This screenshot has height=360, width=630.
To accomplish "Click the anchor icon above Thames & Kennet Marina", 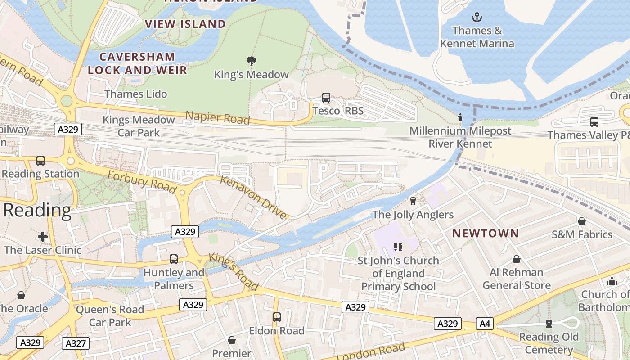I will (x=477, y=18).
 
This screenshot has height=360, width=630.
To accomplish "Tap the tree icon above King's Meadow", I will (x=251, y=61).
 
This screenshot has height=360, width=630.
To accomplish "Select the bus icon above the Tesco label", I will (x=326, y=98).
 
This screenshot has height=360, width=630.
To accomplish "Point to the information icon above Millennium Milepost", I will (x=460, y=118).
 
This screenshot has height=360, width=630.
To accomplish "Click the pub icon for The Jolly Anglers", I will (x=413, y=201).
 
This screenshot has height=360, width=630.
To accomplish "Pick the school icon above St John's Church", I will (x=398, y=247).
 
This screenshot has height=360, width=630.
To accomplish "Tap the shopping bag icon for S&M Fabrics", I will (x=581, y=221).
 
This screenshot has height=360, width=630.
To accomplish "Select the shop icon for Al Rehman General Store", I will (x=517, y=260).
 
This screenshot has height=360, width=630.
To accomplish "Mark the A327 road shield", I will (x=76, y=343).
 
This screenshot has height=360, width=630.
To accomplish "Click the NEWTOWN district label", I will (x=486, y=233).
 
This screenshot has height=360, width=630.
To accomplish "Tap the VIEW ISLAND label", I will (x=185, y=24).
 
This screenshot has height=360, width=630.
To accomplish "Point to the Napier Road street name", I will (x=218, y=118).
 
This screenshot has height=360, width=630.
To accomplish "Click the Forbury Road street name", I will (x=142, y=180).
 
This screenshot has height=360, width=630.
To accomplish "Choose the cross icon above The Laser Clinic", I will (x=43, y=237).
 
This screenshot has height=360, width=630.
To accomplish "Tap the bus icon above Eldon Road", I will (x=277, y=317).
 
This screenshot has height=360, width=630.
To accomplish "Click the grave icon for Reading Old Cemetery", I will (x=549, y=324).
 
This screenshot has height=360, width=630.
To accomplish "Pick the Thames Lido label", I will (x=135, y=94).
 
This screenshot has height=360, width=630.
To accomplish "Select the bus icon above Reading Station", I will (x=40, y=161).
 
